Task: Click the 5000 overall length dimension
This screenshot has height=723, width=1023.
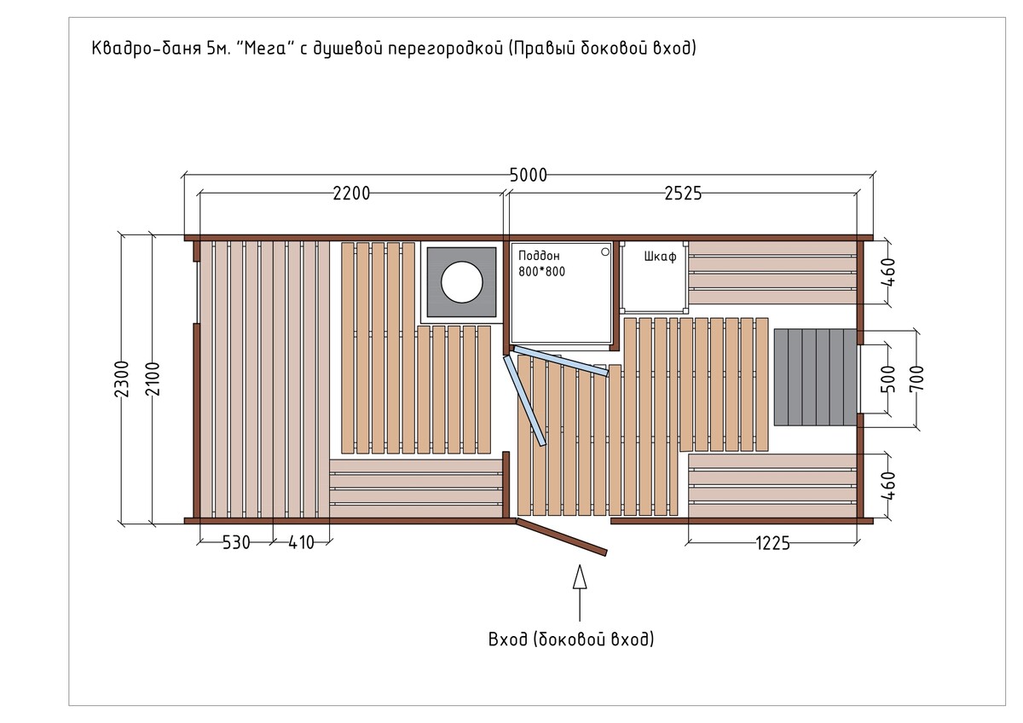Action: (x=528, y=175)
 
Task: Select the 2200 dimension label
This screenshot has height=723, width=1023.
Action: (x=351, y=194)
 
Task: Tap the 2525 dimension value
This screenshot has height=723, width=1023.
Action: (x=683, y=194)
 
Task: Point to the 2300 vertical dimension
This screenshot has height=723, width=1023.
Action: (x=122, y=379)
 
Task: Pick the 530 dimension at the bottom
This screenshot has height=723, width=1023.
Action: (x=236, y=542)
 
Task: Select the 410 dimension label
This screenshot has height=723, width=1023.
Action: (x=302, y=542)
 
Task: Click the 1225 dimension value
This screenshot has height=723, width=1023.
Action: (x=772, y=543)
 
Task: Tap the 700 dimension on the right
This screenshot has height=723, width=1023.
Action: (x=916, y=379)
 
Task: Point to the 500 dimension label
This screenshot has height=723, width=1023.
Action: (x=888, y=379)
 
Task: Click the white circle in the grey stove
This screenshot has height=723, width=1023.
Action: (x=462, y=282)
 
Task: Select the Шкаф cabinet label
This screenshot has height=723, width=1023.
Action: (x=660, y=257)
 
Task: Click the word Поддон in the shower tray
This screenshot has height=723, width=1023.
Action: (x=539, y=256)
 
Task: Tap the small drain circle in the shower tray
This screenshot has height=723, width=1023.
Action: (x=605, y=252)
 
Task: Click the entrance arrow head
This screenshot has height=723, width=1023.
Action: (x=580, y=576)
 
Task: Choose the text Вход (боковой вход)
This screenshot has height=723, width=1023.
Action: (x=571, y=639)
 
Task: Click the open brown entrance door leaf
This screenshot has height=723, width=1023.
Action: (x=561, y=537)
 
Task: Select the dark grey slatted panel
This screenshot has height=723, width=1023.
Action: (x=815, y=377)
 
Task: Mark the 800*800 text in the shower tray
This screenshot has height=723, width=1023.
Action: (x=541, y=272)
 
